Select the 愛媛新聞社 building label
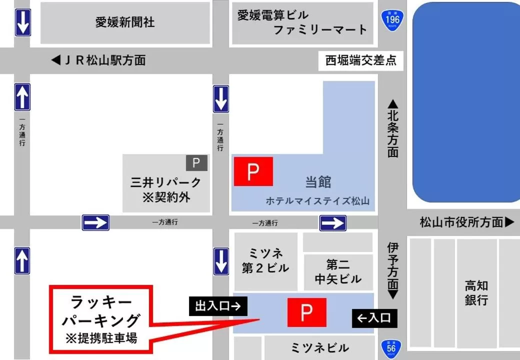[125, 22]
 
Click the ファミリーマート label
[320, 30]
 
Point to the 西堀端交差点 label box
[361, 61]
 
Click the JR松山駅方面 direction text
[98, 60]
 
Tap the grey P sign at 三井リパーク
[196, 162]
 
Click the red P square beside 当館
[253, 171]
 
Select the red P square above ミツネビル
[306, 312]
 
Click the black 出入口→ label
[218, 306]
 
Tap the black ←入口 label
[374, 318]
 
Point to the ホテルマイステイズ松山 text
[317, 201]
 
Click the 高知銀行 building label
[476, 293]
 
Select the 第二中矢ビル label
[338, 272]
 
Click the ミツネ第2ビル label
[265, 260]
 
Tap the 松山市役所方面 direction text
[466, 222]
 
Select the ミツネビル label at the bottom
[319, 348]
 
